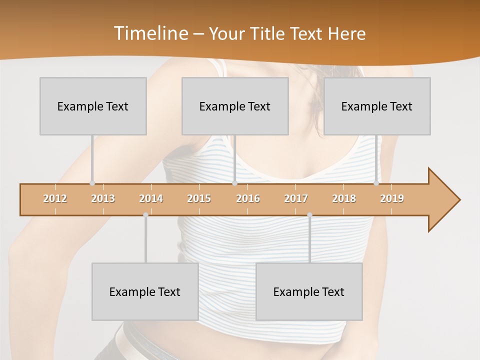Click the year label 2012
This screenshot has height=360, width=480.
(x=55, y=198)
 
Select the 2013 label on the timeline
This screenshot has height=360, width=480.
(x=103, y=198)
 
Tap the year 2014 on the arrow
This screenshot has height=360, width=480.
(x=151, y=198)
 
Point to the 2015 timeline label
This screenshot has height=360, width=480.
(x=199, y=198)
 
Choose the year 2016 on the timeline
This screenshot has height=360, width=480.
(x=248, y=198)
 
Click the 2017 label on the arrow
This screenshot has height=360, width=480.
(x=296, y=198)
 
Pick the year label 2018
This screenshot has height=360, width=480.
(x=344, y=198)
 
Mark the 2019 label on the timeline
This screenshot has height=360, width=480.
(x=392, y=198)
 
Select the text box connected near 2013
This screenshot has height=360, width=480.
(x=93, y=106)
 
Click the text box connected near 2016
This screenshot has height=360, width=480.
(x=235, y=106)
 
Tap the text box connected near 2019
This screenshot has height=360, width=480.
(x=377, y=106)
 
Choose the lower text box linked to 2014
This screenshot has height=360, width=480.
(x=145, y=291)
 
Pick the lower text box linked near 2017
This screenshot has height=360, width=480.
(x=309, y=291)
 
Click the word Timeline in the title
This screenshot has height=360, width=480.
(x=150, y=33)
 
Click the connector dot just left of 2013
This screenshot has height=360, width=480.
(x=92, y=183)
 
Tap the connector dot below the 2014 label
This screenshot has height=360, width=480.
(x=145, y=214)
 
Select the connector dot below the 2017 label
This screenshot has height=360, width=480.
(x=309, y=214)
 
